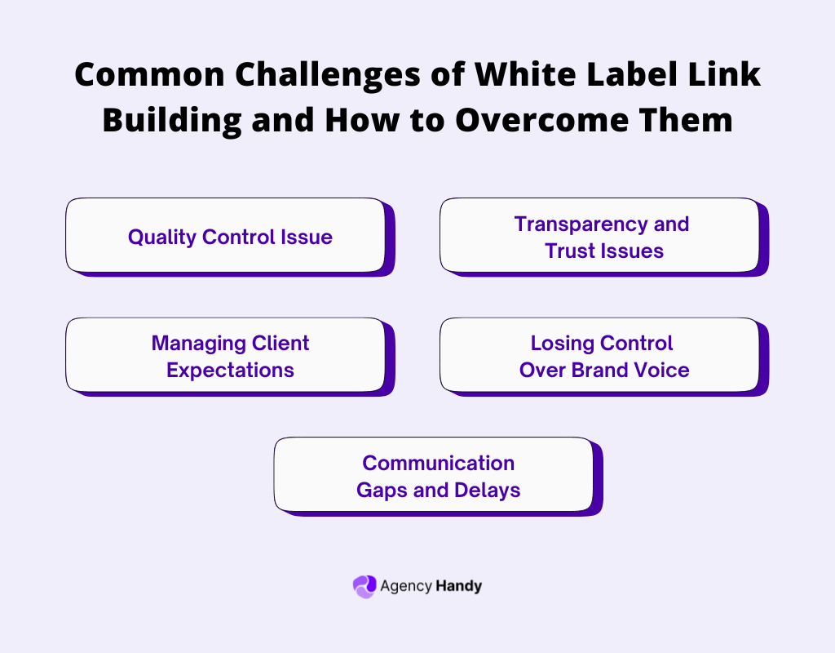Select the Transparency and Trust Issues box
tap(600, 235)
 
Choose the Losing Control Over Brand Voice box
tap(600, 355)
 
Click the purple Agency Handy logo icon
tap(364, 586)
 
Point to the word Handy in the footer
tap(459, 586)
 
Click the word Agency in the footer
tap(405, 586)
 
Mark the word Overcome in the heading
tap(546, 120)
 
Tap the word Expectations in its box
tap(230, 370)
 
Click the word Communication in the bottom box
tap(438, 463)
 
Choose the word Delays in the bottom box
tap(488, 490)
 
